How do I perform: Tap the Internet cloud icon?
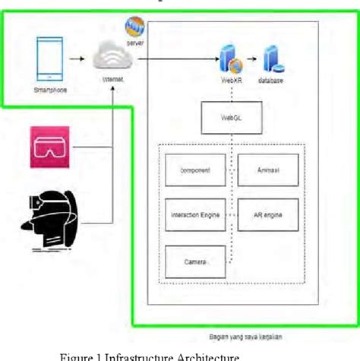tap(110, 56)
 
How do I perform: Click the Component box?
tap(195, 170)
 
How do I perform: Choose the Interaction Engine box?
tap(195, 215)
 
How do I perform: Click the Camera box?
tap(195, 261)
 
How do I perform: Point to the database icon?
tap(272, 58)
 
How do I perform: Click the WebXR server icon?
tap(229, 58)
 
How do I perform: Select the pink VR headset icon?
tap(49, 146)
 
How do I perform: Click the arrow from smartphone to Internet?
tap(76, 57)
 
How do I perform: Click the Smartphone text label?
tap(49, 89)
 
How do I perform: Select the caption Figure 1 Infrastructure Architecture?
tap(150, 355)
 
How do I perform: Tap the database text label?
tap(272, 80)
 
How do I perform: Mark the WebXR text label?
tap(230, 80)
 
